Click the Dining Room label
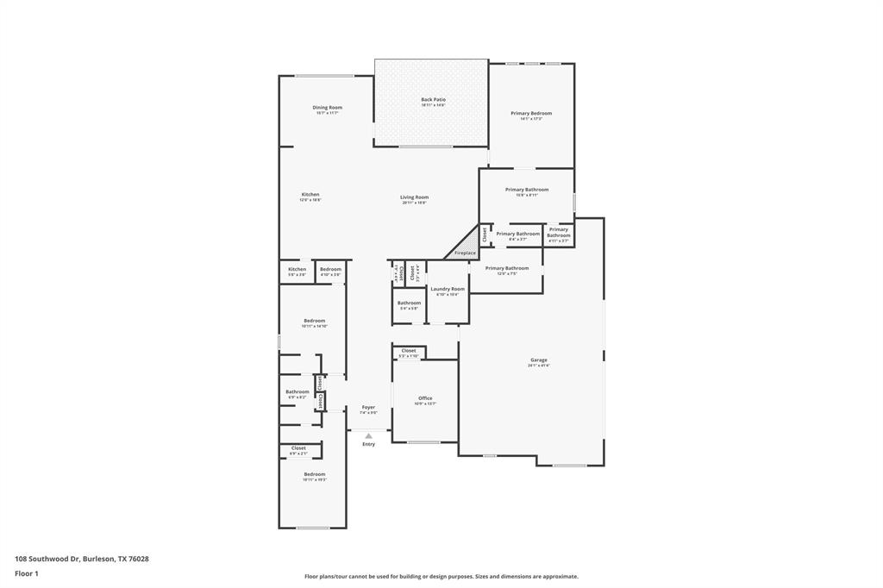(x=327, y=108)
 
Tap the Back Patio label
(x=433, y=100)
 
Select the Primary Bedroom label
(x=531, y=113)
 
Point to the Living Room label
(x=414, y=197)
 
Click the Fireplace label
(x=465, y=253)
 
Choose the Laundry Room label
(x=448, y=289)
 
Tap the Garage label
(x=539, y=360)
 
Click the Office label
(x=425, y=397)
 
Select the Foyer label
(x=368, y=407)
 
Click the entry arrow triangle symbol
(x=368, y=436)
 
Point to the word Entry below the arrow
(x=368, y=444)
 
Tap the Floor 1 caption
(x=27, y=572)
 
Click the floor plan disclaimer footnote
(x=441, y=576)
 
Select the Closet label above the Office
(x=409, y=351)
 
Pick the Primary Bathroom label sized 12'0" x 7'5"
(x=507, y=268)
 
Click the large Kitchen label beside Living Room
(x=310, y=194)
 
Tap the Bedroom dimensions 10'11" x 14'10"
(x=315, y=326)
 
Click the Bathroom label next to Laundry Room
(x=409, y=303)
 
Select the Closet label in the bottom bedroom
(x=298, y=448)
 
